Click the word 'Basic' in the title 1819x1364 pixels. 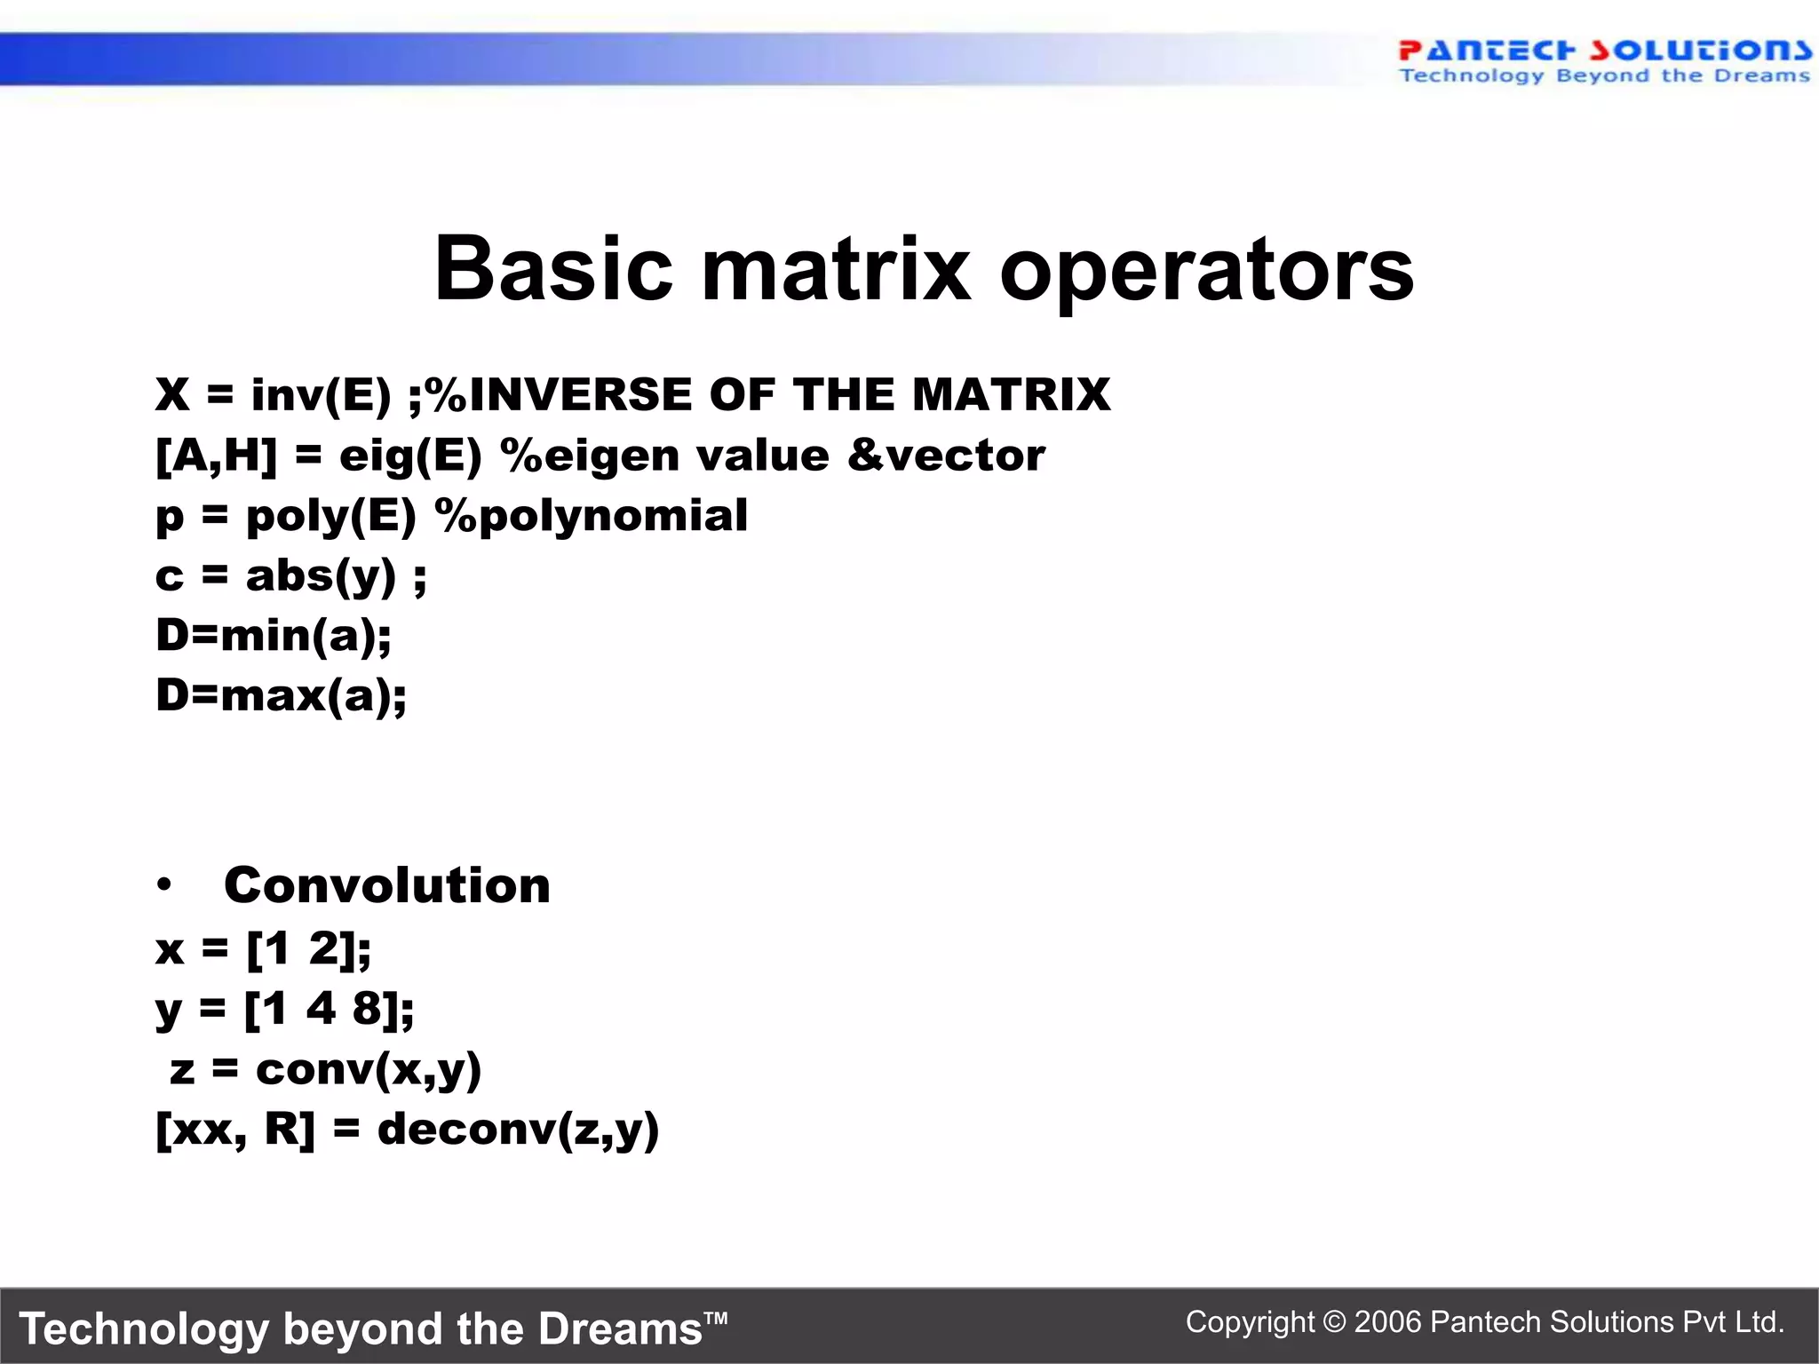[x=552, y=269]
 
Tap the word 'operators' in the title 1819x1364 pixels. [x=1206, y=271]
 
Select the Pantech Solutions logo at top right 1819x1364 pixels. [x=1604, y=61]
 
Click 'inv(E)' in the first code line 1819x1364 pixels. [x=321, y=395]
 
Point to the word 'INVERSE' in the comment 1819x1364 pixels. [x=580, y=395]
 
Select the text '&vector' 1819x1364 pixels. [x=946, y=456]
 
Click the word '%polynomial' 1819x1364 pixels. [x=591, y=516]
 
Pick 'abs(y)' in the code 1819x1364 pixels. [x=321, y=576]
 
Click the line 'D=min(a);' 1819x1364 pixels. [x=274, y=636]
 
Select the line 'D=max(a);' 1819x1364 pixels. [x=281, y=695]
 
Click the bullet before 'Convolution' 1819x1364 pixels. [x=164, y=885]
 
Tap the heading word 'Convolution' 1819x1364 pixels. [x=387, y=885]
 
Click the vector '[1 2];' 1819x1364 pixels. [x=308, y=949]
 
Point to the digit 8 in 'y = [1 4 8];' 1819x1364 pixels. [x=368, y=1009]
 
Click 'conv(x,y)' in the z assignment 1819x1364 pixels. [x=369, y=1069]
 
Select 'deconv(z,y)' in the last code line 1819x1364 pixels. [x=518, y=1130]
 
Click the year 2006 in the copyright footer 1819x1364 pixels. [x=1387, y=1322]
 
